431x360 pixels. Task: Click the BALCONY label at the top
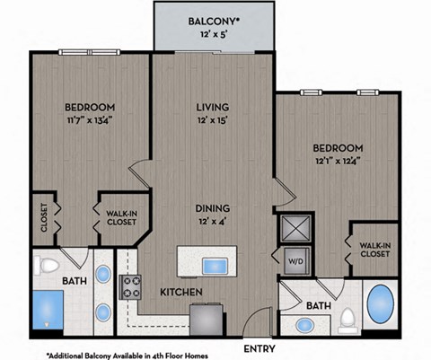pos(213,21)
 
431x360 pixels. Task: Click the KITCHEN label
pos(180,293)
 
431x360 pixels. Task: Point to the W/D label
pos(295,262)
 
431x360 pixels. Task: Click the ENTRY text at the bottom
pos(259,347)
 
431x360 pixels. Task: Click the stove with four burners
pos(133,287)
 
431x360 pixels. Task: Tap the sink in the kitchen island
pos(215,266)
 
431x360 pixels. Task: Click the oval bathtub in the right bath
pos(381,306)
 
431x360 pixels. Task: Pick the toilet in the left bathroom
pos(51,267)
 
